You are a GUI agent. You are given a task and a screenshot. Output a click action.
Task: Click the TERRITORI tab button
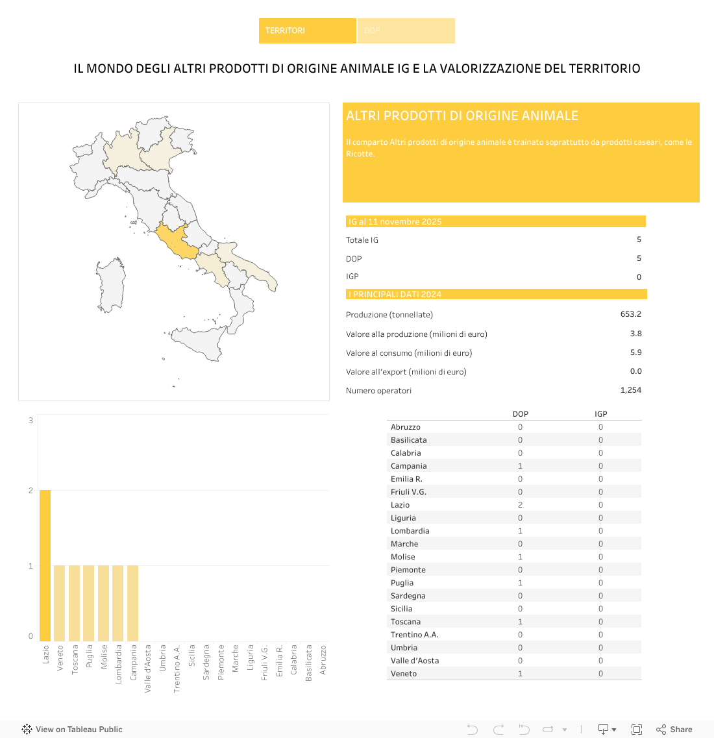307,31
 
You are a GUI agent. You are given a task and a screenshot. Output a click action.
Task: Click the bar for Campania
132,603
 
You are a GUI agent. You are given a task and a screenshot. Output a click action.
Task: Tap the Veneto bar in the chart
60,603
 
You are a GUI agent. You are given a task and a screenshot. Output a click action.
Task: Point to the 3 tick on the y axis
31,421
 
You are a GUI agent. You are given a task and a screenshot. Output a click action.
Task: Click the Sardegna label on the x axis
206,661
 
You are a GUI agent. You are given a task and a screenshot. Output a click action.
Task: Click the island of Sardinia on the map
111,286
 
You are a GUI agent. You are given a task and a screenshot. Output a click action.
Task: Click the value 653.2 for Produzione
630,314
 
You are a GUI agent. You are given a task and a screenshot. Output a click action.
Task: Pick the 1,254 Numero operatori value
630,390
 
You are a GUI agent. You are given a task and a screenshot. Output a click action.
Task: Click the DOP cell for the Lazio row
520,505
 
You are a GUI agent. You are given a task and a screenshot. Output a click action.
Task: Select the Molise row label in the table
402,557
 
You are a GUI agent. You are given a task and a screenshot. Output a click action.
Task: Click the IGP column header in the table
600,414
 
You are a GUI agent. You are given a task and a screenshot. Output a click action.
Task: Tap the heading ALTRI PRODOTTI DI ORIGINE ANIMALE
462,116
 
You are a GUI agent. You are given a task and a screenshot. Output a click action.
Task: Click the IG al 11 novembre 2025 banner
495,221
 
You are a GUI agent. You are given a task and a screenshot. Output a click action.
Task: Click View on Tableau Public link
73,730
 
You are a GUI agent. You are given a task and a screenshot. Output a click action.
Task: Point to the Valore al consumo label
409,353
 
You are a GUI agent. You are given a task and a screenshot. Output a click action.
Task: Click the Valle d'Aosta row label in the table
414,661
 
